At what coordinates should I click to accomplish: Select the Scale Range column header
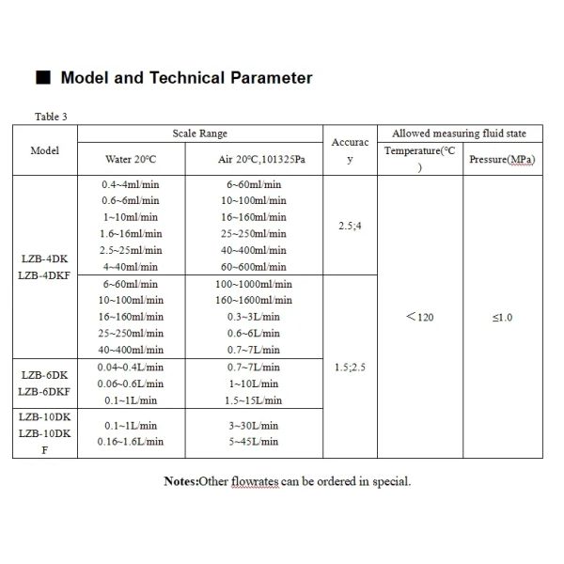(200, 133)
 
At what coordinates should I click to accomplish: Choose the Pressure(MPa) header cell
(501, 159)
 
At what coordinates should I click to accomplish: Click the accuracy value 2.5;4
(349, 226)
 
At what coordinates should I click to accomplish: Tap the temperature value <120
(420, 317)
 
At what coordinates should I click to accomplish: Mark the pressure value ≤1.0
(501, 317)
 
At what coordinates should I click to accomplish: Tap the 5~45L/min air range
(249, 440)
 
